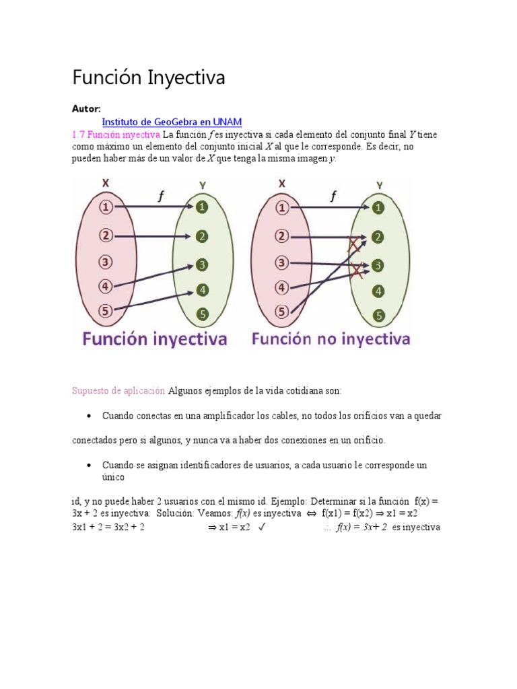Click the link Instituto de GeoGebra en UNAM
pyautogui.click(x=172, y=122)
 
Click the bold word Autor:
pyautogui.click(x=86, y=108)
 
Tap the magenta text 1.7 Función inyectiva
pyautogui.click(x=116, y=135)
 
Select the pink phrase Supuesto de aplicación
pyautogui.click(x=118, y=390)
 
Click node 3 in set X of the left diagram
pyautogui.click(x=106, y=261)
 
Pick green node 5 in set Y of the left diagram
pyautogui.click(x=203, y=314)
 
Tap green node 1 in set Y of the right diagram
pyautogui.click(x=379, y=208)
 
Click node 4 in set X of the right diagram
pyautogui.click(x=282, y=288)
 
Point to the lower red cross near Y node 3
pyautogui.click(x=357, y=270)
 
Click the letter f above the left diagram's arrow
pyautogui.click(x=160, y=196)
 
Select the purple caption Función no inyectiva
pyautogui.click(x=331, y=339)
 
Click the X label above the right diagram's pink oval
pyautogui.click(x=282, y=183)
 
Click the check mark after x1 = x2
pyautogui.click(x=263, y=528)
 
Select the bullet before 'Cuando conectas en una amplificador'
pyautogui.click(x=89, y=416)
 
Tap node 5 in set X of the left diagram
pyautogui.click(x=106, y=311)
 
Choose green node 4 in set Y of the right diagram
pyautogui.click(x=379, y=291)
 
